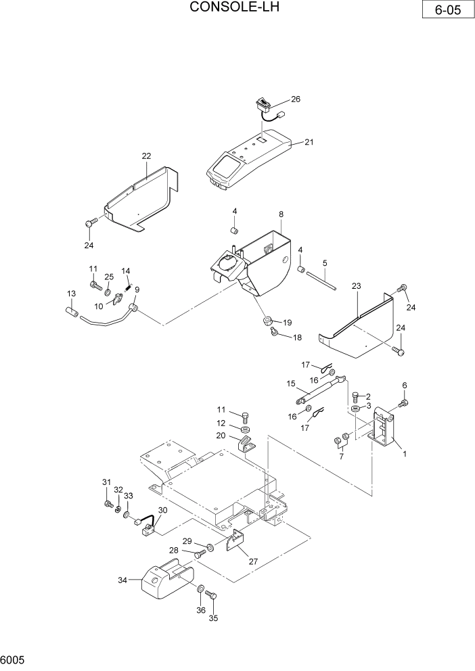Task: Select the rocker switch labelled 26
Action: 262,105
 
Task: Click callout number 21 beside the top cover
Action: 309,142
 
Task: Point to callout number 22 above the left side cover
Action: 146,156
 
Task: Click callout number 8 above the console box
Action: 281,214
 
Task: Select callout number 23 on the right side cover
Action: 357,286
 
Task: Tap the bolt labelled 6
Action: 403,404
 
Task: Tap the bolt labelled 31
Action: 107,503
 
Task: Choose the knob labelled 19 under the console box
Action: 268,319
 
